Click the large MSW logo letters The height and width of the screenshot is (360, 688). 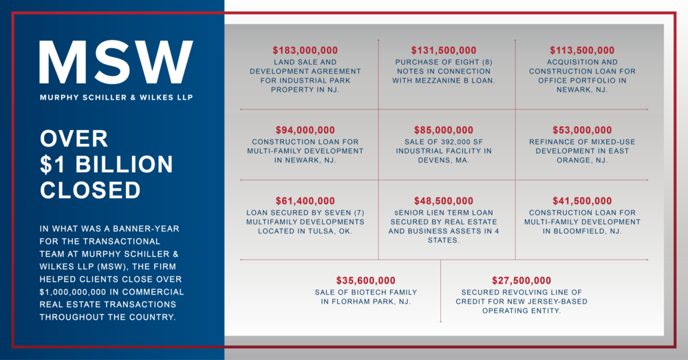coord(116,63)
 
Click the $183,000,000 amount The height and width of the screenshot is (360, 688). coord(305,50)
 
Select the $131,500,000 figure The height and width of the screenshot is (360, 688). coord(444,50)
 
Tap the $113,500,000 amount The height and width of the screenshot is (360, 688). coord(582,50)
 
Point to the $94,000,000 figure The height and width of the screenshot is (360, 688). coord(305,130)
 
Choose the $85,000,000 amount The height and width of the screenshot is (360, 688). coord(444,130)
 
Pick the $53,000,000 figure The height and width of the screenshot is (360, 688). coord(582,130)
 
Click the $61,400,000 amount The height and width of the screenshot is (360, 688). coord(305,201)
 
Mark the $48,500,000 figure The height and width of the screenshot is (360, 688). coord(444,201)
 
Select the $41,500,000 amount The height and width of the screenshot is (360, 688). coord(582,201)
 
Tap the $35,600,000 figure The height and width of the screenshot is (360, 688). coord(366,281)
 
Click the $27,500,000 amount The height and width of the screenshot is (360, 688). coord(522,281)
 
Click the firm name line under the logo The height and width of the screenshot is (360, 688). coord(116,97)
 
